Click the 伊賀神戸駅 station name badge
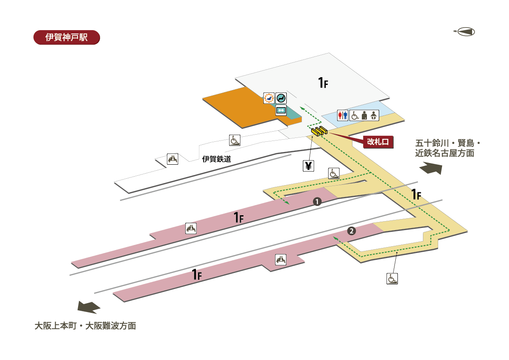tap(66, 37)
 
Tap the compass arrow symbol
tap(465, 31)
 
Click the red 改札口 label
tap(378, 142)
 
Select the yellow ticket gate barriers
tap(318, 131)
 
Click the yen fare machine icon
tap(308, 166)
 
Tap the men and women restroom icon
tap(343, 115)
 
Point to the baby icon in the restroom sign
tap(374, 115)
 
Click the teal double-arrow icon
tap(281, 111)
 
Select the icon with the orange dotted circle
tap(268, 98)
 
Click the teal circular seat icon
tap(281, 98)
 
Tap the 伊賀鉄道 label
tap(216, 159)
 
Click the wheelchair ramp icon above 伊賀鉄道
tap(235, 140)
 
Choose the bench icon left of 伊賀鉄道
tap(173, 159)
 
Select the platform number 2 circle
tap(351, 231)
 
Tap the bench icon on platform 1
tap(191, 228)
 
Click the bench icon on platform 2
tap(280, 259)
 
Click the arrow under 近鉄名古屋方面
tap(431, 169)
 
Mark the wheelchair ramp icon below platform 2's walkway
tap(392, 278)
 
